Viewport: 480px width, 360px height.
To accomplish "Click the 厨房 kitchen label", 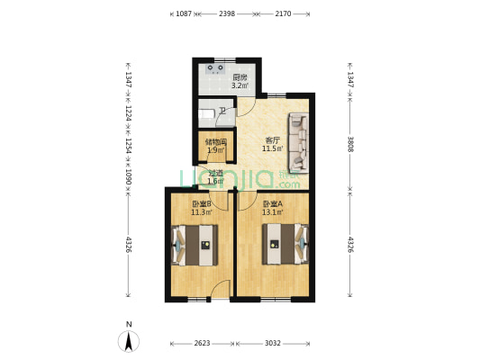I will [240, 77].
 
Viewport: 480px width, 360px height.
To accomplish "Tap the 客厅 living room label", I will [272, 139].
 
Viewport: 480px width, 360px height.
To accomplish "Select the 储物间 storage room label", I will [216, 141].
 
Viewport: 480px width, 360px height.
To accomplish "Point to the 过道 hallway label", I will [216, 174].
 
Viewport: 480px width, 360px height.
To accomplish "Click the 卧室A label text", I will [272, 204].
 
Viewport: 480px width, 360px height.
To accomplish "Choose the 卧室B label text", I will [202, 204].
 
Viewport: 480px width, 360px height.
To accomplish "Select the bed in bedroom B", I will [196, 245].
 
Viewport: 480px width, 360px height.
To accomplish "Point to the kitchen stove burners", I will [216, 67].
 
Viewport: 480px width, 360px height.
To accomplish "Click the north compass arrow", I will [130, 341].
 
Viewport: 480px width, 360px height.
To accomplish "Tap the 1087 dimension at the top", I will [184, 13].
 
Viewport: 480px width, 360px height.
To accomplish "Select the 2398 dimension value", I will [227, 13].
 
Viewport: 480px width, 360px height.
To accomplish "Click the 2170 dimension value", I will [283, 13].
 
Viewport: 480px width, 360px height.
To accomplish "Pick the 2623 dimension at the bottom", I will [202, 343].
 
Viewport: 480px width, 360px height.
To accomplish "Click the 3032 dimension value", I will [274, 343].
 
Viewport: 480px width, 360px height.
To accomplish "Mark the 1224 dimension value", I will [129, 114].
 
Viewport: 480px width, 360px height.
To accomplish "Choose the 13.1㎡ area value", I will [272, 213].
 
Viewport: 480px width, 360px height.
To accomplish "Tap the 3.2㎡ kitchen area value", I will [239, 86].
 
